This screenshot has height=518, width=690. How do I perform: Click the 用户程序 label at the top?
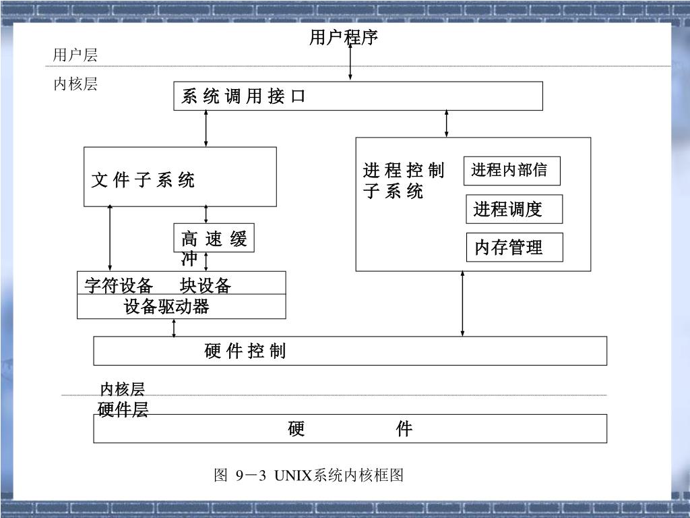coord(344,38)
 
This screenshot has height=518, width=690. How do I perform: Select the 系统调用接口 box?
coord(358,96)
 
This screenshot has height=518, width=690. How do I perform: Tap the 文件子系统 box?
coord(180,177)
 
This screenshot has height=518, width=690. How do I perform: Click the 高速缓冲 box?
coord(214,238)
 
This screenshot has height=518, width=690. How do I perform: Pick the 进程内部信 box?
coord(512,171)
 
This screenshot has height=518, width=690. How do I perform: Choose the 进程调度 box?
coord(514,209)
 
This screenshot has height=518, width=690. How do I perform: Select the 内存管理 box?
coord(514,248)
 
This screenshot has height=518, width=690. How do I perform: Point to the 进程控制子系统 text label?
coord(403,181)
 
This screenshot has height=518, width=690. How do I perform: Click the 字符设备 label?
coord(118,285)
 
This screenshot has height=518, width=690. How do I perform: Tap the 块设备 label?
coord(206,285)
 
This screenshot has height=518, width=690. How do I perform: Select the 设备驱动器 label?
coord(166,307)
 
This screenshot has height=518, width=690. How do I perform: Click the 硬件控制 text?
coord(245,351)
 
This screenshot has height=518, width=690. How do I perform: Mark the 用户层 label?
coord(75,55)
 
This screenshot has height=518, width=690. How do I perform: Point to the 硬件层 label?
coord(123,409)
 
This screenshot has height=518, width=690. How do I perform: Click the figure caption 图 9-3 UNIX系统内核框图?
coord(309,476)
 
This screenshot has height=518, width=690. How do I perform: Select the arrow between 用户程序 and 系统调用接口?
coord(350,64)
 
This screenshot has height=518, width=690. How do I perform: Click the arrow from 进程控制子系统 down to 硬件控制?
coord(462,304)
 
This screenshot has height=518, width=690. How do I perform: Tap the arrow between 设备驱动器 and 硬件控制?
coord(175,328)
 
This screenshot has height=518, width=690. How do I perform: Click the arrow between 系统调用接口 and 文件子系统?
coord(206,128)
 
